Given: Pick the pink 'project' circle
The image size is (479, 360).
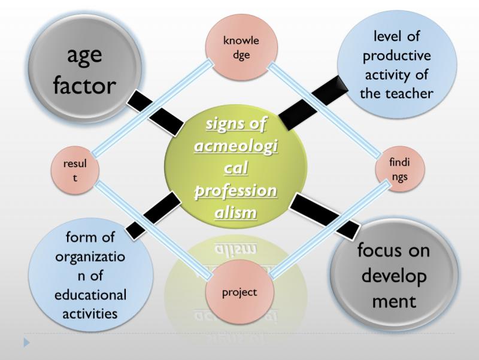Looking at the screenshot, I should pyautogui.click(x=239, y=292).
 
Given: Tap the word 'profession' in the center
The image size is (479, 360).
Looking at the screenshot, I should pyautogui.click(x=236, y=192).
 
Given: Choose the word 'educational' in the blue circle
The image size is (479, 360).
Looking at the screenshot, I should pyautogui.click(x=90, y=295).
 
